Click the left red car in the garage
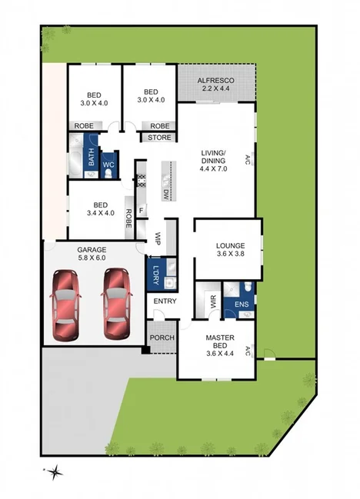point(67,305)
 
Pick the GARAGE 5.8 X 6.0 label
point(91,254)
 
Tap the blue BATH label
point(91,158)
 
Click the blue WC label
point(108,164)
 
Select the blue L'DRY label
point(155,273)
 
